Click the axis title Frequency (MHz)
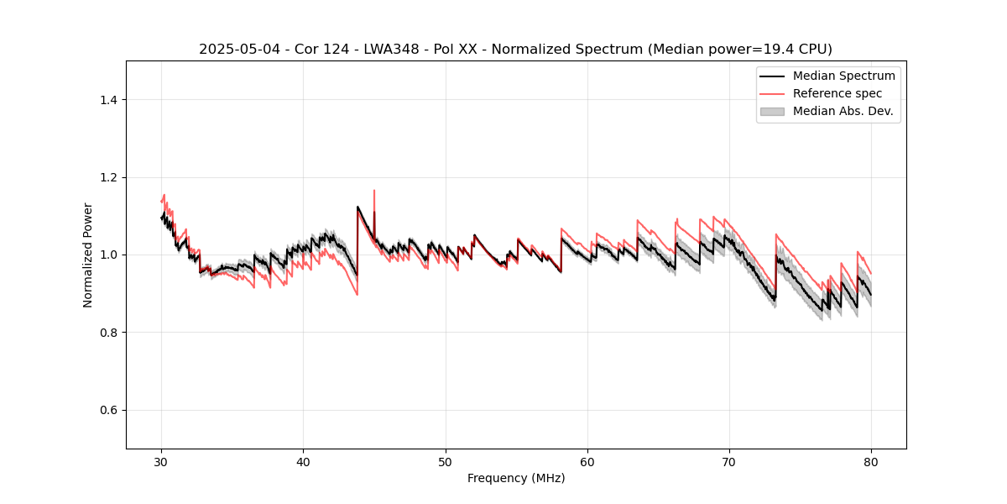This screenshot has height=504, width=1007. tap(516, 478)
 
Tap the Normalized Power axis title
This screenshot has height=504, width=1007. tap(88, 255)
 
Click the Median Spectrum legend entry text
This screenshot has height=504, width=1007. tap(843, 76)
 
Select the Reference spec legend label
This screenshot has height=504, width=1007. tap(837, 93)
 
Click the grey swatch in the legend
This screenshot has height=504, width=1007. tap(772, 111)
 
